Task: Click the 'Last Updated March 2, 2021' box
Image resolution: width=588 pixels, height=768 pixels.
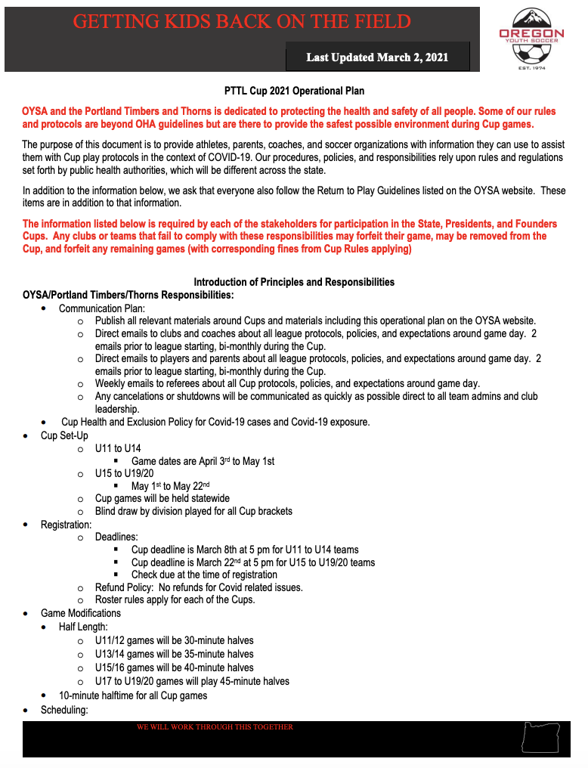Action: point(377,57)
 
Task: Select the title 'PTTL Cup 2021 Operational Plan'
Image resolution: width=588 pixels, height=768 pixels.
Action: point(294,91)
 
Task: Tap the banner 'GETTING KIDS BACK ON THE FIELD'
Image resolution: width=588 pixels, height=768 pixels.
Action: point(242,21)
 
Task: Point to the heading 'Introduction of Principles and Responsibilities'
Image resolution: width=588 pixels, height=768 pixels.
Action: point(294,282)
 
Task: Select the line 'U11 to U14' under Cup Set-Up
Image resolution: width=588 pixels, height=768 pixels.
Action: point(118,448)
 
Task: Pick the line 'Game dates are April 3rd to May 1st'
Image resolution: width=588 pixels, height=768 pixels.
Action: point(203,461)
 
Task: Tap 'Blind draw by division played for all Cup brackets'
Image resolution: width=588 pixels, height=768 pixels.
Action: point(193,511)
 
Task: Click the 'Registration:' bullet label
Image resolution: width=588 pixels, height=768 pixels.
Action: point(66,524)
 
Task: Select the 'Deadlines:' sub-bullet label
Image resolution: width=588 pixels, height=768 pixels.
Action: point(117,537)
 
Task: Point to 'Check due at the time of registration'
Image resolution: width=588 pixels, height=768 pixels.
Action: point(204,574)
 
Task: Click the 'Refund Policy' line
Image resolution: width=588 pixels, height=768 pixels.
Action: point(199,587)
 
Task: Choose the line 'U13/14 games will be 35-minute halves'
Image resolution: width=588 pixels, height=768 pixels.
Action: point(174,654)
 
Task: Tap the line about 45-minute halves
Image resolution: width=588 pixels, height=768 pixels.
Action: point(192,681)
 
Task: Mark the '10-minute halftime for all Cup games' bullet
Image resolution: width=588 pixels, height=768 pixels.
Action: point(133,695)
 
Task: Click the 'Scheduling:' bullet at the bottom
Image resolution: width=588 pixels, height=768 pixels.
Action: point(64,710)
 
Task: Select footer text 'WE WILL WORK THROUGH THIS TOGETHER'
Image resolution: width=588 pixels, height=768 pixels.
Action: point(215,727)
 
